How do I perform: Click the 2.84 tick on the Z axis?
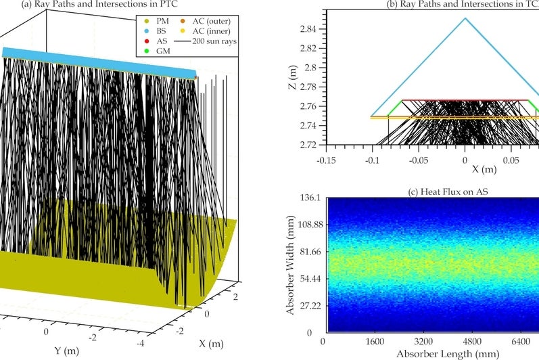[308, 29]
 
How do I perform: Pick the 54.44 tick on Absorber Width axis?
[308, 279]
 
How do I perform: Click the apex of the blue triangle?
[465, 18]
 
